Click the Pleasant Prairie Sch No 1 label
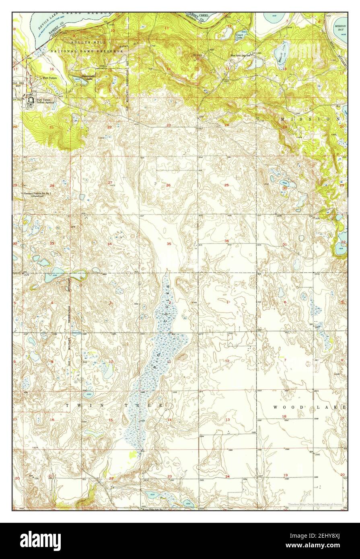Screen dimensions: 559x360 [38, 193]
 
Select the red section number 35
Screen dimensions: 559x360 [169, 244]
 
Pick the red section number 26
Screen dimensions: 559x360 [168, 185]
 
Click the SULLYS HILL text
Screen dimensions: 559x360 [81, 42]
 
